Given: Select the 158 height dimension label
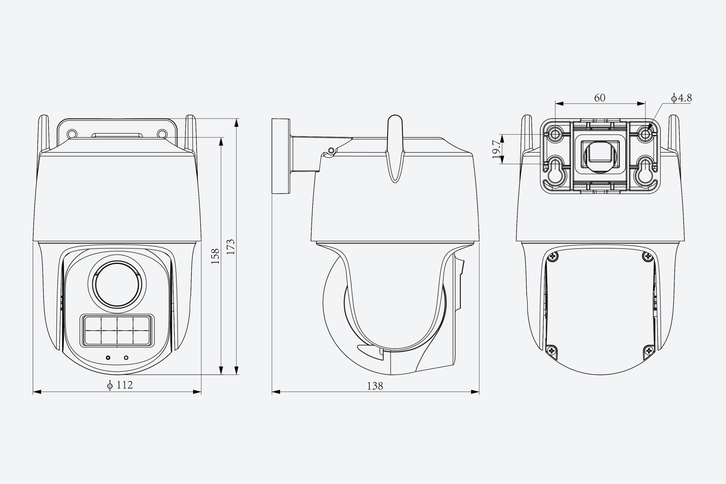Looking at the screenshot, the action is (x=215, y=256).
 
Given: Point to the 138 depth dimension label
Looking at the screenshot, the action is (x=375, y=386).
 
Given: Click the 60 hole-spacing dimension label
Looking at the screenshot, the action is (x=600, y=98).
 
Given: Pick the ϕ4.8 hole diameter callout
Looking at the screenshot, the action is (x=681, y=98).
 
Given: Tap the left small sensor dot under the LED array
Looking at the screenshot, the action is (x=108, y=358).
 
